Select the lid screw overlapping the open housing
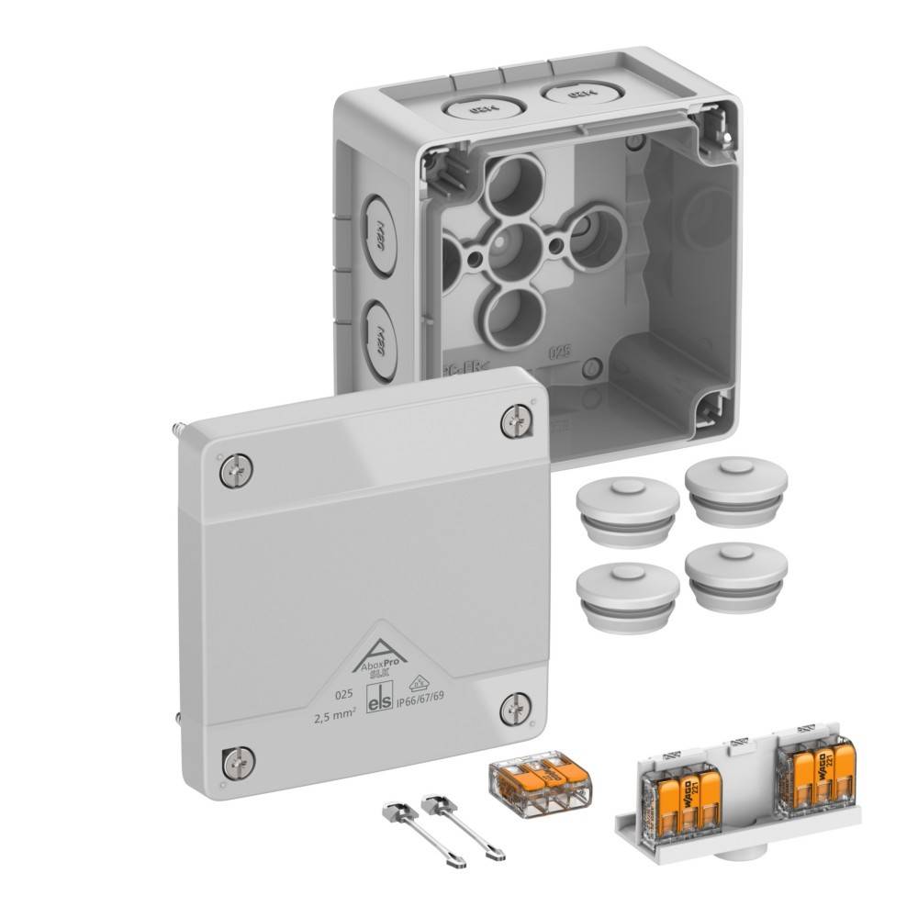(517, 421)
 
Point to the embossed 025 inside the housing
(559, 350)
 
